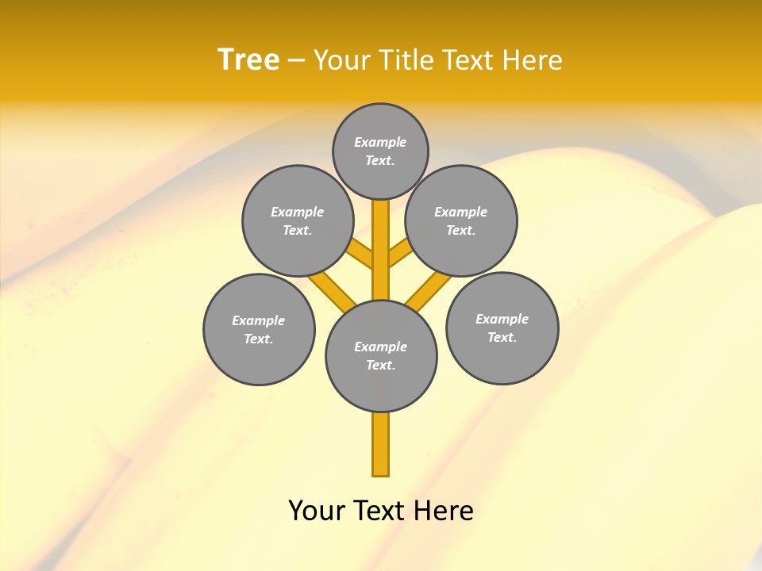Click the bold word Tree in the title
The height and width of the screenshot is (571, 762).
pos(248,59)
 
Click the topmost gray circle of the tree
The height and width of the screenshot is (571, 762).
pos(380,151)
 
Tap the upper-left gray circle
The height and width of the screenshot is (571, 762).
pos(297,220)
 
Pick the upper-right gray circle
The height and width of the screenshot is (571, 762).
pos(461,220)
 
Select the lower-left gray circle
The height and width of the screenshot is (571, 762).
pos(259,329)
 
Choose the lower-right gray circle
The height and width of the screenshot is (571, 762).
pos(502,328)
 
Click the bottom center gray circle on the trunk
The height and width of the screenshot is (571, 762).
pos(381,356)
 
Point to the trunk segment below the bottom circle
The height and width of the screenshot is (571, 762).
pos(381,444)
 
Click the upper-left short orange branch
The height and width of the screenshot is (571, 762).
pos(361,255)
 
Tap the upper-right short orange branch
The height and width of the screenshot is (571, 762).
pos(400,254)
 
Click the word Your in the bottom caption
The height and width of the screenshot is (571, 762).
pos(316,510)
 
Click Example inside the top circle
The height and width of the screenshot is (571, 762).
pos(380,142)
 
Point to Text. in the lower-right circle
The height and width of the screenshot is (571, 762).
pos(502,337)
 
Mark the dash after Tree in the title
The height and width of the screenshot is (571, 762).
pos(296,60)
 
